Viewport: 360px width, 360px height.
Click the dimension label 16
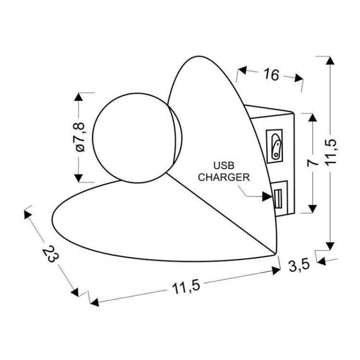(272, 75)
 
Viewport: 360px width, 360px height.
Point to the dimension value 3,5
(299, 266)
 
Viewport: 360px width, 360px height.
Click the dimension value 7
(313, 163)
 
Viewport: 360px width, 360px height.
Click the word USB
(224, 165)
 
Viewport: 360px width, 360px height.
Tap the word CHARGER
(224, 177)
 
